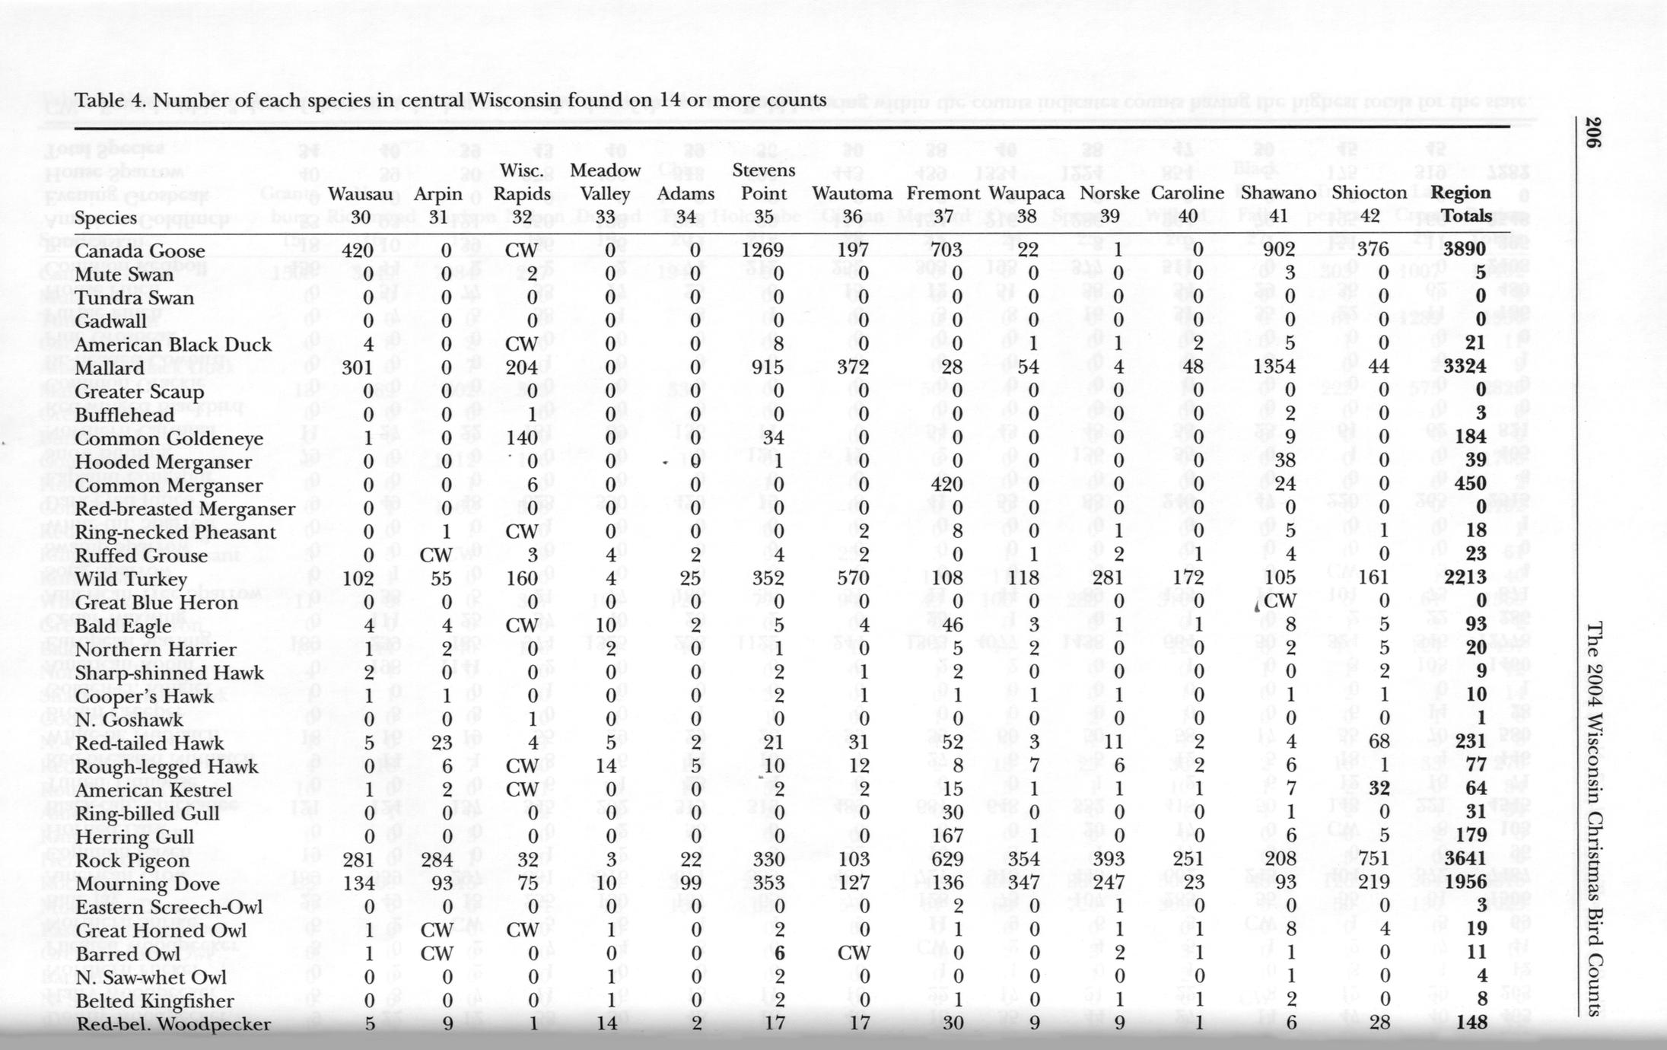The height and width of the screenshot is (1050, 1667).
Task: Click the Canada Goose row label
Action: pyautogui.click(x=140, y=251)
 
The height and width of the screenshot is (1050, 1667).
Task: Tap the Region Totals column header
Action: pyautogui.click(x=1462, y=204)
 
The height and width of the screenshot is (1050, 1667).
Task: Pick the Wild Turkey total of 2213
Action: pyautogui.click(x=1465, y=577)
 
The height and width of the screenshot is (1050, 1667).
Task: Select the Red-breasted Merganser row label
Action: pyautogui.click(x=185, y=509)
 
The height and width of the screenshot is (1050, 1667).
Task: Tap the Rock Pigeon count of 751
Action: pyautogui.click(x=1373, y=859)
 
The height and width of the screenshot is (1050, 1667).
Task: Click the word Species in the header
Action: pyautogui.click(x=106, y=218)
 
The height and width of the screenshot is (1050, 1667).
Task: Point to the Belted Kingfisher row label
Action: pyautogui.click(x=154, y=1001)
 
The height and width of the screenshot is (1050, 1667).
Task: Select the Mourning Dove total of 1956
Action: pyautogui.click(x=1465, y=883)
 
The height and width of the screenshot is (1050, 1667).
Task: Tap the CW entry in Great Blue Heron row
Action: pyautogui.click(x=1279, y=601)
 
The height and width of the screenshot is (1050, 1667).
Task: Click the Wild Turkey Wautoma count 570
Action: pyautogui.click(x=852, y=577)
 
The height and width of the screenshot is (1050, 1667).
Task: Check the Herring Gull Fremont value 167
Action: pyautogui.click(x=947, y=835)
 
